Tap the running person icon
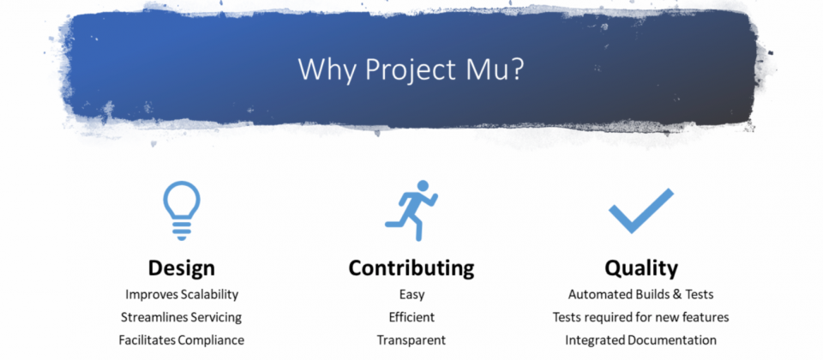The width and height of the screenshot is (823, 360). [411, 211]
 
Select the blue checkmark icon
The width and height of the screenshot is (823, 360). [641, 211]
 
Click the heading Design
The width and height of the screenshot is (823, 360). [181, 267]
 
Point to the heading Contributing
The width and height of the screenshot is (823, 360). [411, 267]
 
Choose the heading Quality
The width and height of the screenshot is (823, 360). [641, 268]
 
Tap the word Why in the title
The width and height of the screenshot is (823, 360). [328, 69]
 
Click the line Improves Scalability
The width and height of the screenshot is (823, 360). [182, 294]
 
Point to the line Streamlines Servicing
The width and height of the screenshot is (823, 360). [181, 317]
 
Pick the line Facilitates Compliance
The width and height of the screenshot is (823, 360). [181, 340]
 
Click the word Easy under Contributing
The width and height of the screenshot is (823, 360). [411, 295]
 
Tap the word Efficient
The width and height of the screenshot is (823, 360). [411, 317]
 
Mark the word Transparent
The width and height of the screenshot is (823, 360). [411, 340]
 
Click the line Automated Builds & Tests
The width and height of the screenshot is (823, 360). [641, 294]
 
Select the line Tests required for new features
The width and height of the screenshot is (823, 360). [641, 317]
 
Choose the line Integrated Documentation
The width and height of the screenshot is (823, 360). [641, 340]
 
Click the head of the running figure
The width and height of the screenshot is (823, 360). [423, 186]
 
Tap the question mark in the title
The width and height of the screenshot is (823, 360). [515, 69]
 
